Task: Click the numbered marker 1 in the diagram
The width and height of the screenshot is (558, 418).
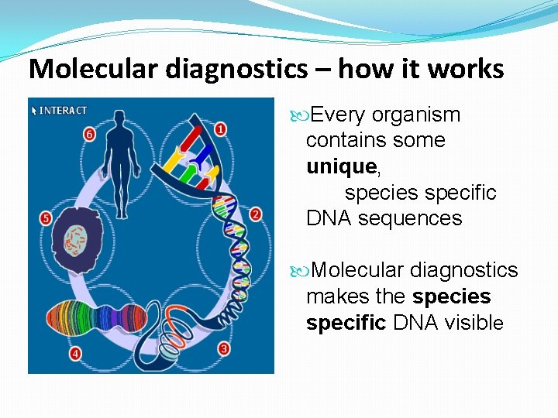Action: click(221, 129)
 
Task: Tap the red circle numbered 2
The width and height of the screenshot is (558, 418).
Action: click(256, 214)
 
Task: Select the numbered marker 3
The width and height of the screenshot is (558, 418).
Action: click(224, 349)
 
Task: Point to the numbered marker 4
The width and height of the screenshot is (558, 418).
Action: click(75, 354)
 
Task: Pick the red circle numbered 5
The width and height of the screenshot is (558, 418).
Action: click(46, 219)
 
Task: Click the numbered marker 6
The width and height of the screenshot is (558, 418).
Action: click(89, 134)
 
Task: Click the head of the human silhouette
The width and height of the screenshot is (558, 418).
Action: click(119, 118)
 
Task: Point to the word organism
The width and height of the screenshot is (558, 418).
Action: click(415, 115)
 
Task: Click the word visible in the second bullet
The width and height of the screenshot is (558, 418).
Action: click(474, 323)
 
